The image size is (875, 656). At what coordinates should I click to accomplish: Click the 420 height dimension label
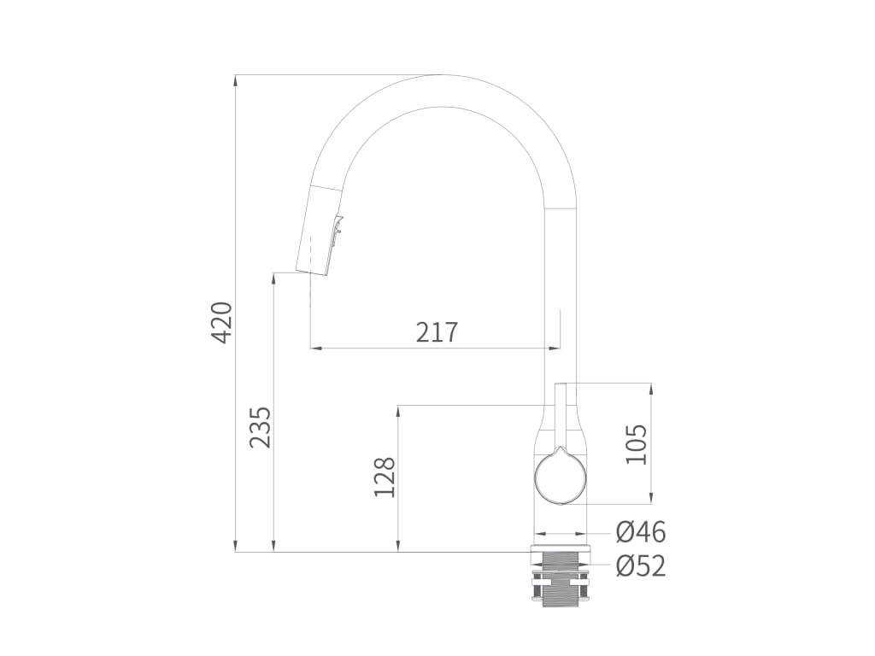[x=222, y=322]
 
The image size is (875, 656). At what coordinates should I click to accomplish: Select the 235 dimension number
[x=261, y=427]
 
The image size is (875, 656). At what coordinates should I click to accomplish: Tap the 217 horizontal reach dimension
[x=437, y=332]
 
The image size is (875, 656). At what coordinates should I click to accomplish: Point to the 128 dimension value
[x=385, y=477]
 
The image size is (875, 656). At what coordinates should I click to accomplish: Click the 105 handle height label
[x=636, y=444]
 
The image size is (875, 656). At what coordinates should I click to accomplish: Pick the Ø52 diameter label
[x=641, y=567]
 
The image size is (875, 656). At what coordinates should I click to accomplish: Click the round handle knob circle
[x=561, y=477]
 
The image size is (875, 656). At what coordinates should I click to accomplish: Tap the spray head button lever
[x=338, y=229]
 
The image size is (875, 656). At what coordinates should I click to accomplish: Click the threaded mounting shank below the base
[x=561, y=580]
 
